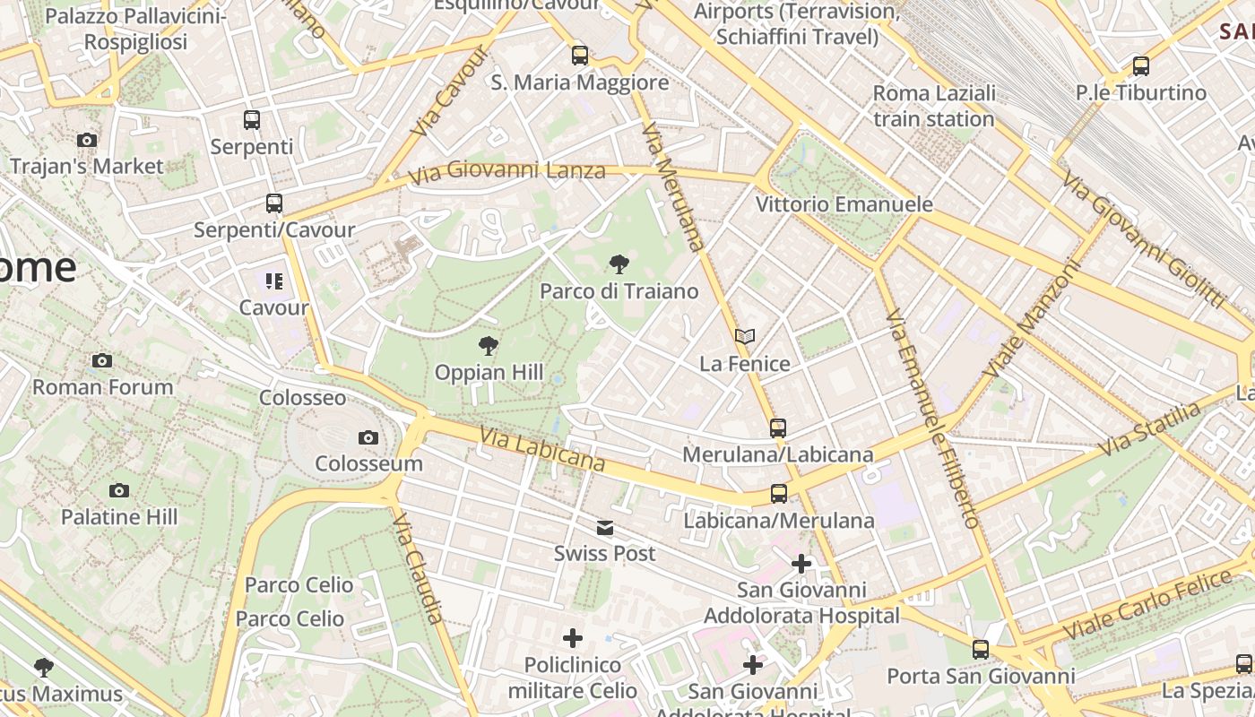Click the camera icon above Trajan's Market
(87, 140)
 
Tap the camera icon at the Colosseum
(368, 437)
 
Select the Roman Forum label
(103, 387)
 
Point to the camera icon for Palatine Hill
(119, 490)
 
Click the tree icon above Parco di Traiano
(619, 264)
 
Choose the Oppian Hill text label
(489, 372)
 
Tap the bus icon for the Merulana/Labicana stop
(778, 428)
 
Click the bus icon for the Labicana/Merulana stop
(779, 494)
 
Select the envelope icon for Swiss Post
(605, 528)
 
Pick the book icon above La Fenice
(745, 337)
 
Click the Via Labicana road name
(541, 448)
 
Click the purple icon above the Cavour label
(274, 281)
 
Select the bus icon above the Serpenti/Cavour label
(274, 203)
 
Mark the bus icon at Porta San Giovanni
(981, 650)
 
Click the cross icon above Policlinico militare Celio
(573, 638)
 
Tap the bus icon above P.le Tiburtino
(1141, 66)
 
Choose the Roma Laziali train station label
(934, 106)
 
